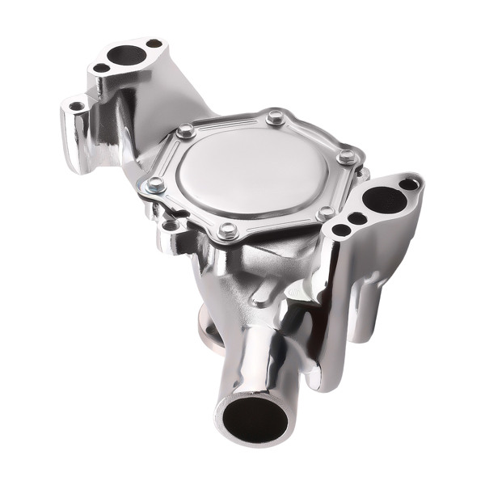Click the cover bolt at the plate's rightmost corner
346,156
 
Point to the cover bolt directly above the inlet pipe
227,230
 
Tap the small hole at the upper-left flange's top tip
154,44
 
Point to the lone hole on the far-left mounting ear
77,106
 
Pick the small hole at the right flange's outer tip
409,184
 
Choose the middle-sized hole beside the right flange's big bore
356,217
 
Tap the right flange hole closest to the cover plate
341,230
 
